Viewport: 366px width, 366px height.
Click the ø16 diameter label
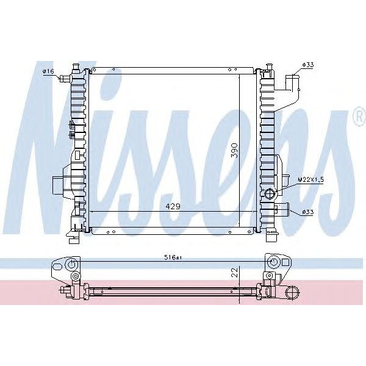(48, 71)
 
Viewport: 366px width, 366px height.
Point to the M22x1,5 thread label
(310, 179)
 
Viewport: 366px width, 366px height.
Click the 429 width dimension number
(173, 207)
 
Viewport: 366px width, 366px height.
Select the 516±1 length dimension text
(173, 258)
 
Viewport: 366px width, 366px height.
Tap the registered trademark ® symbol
(358, 118)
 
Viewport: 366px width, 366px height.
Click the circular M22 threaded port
(270, 195)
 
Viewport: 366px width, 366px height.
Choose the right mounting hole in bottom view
(274, 263)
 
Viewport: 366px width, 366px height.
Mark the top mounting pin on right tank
(268, 66)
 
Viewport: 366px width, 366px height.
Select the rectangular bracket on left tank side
(58, 183)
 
